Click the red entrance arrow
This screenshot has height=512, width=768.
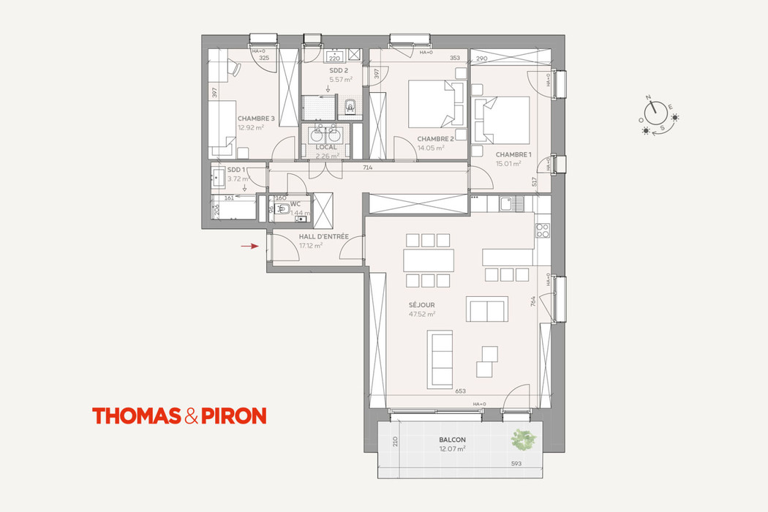pyautogui.click(x=250, y=246)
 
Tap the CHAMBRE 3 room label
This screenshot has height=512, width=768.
pyautogui.click(x=256, y=118)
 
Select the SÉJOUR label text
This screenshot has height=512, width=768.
pyautogui.click(x=422, y=305)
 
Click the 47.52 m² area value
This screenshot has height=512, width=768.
pyautogui.click(x=422, y=314)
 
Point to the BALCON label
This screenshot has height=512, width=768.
pyautogui.click(x=452, y=440)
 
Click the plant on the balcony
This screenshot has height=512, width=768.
pyautogui.click(x=524, y=440)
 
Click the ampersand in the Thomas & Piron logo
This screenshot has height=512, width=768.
pyautogui.click(x=191, y=416)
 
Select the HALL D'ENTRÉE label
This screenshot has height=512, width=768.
pyautogui.click(x=323, y=237)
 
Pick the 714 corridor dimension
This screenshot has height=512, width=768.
pyautogui.click(x=368, y=168)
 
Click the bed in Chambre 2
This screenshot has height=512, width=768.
pyautogui.click(x=435, y=104)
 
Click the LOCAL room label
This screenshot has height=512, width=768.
pyautogui.click(x=326, y=147)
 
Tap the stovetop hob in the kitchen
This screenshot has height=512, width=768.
pyautogui.click(x=542, y=230)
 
